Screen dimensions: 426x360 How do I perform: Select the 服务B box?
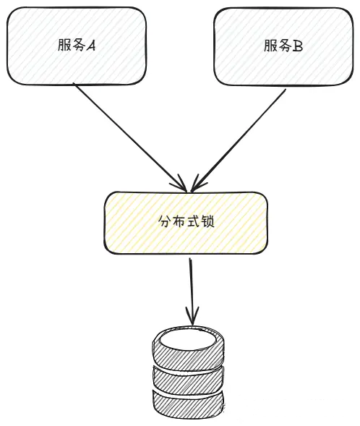pos(283,45)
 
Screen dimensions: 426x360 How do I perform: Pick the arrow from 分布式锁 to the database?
pos(191,289)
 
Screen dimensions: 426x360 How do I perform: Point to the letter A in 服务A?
pos(92,46)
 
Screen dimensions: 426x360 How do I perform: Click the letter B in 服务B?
pos(298,46)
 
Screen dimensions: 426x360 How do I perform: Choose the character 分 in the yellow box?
pos(164,221)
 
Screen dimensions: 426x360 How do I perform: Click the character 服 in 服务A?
pos(64,46)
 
